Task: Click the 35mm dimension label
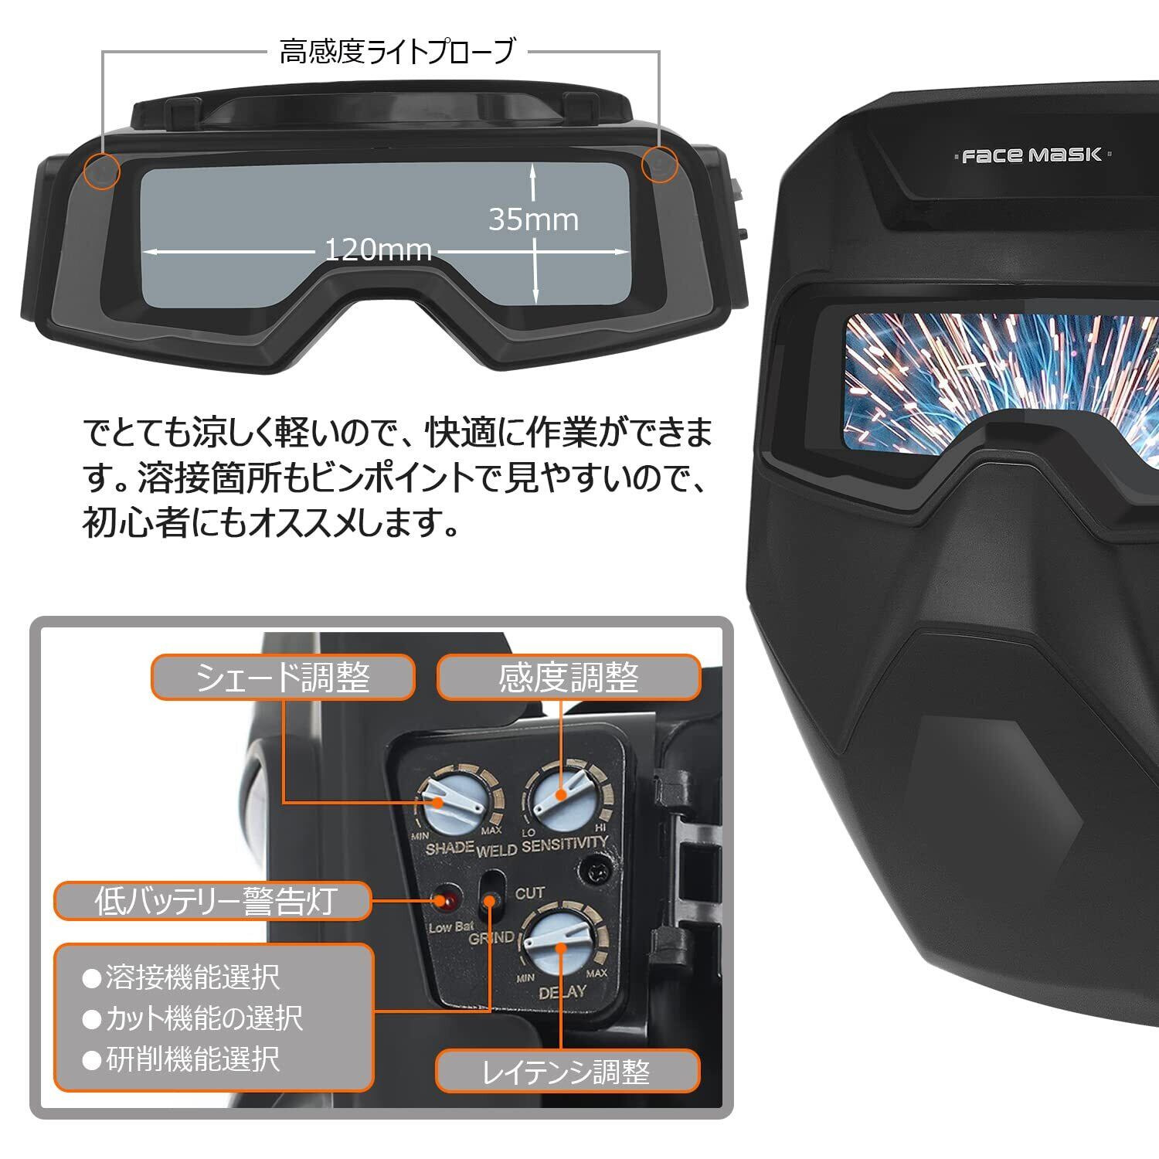click(533, 220)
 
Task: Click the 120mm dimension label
click(378, 250)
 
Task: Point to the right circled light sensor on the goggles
click(659, 165)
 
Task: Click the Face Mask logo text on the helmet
click(1032, 155)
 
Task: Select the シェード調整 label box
click(283, 678)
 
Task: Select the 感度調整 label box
click(569, 678)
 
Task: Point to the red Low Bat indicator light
click(446, 900)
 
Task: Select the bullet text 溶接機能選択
click(192, 977)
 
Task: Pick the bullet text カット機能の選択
click(202, 1018)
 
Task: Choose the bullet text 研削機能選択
click(192, 1059)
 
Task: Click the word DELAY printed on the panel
click(562, 991)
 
